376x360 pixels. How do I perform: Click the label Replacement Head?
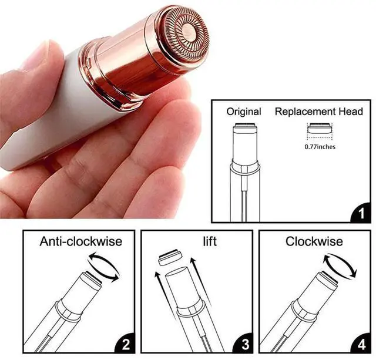319,112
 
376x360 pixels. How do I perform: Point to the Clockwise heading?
314,241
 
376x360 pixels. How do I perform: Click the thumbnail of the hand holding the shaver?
100,106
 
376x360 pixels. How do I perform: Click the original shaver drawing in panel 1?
245,170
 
